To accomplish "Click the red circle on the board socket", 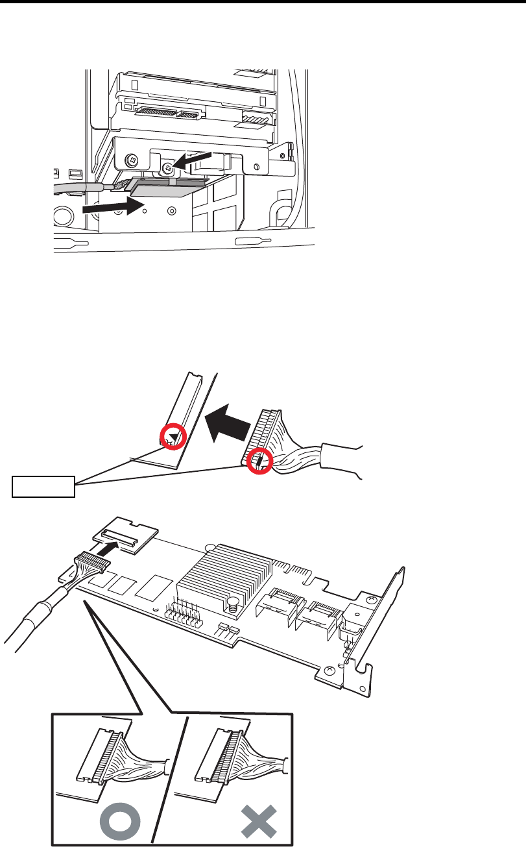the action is pyautogui.click(x=174, y=437).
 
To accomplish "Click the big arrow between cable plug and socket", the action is pyautogui.click(x=228, y=424).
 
